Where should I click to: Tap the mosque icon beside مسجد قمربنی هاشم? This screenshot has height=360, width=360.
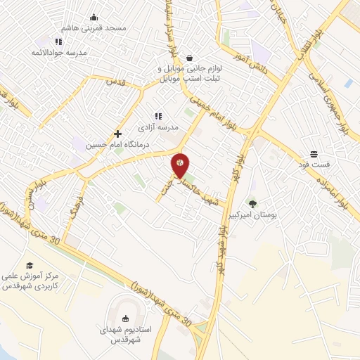point(94,18)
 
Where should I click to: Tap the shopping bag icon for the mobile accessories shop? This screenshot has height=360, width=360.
point(191,59)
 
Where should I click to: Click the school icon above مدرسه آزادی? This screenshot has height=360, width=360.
point(157,116)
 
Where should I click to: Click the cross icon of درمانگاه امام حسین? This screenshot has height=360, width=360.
point(117,134)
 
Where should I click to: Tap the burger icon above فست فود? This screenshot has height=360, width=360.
point(314,153)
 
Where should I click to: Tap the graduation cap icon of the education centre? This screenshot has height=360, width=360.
point(30,264)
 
